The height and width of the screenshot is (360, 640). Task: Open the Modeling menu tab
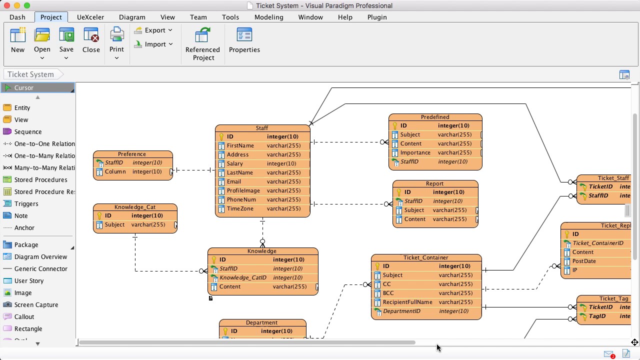(x=268, y=17)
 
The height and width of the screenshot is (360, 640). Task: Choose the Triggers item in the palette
(x=26, y=203)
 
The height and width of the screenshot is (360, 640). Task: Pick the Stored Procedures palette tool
(x=40, y=179)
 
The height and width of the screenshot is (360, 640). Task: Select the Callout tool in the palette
(x=24, y=316)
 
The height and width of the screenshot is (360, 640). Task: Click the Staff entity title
(x=262, y=128)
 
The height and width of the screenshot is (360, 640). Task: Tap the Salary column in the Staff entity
(x=234, y=163)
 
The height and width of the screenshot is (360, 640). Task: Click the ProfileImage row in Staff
(x=243, y=190)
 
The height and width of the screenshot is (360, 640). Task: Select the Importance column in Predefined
(x=415, y=152)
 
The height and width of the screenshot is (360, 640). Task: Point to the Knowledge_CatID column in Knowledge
(x=242, y=277)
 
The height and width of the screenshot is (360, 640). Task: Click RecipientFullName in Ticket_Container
(x=407, y=302)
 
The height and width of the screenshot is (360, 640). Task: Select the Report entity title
(x=434, y=183)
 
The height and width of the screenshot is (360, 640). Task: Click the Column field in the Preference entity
(x=115, y=171)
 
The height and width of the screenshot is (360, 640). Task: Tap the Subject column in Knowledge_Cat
(x=114, y=224)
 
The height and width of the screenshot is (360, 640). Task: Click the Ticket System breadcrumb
(x=30, y=74)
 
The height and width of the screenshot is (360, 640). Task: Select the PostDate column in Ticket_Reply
(x=584, y=261)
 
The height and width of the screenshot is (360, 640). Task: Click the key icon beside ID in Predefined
(x=394, y=126)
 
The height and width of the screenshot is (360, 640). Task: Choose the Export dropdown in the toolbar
(x=154, y=30)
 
